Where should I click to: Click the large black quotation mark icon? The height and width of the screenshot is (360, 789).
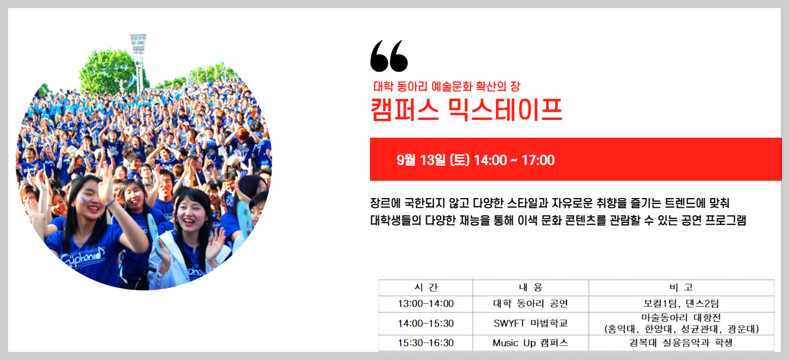pos(389,56)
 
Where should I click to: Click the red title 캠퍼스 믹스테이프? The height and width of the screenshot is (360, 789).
pos(466,110)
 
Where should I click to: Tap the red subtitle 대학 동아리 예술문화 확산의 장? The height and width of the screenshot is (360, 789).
pos(447,86)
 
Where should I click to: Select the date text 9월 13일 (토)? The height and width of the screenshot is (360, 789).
pos(433,160)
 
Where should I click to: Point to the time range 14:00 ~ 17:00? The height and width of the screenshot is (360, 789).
pos(514,160)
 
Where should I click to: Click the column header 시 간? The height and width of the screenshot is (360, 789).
pos(426,287)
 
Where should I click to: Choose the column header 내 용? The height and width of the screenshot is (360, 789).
pos(530,287)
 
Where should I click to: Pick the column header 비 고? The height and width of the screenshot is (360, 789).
pos(681,287)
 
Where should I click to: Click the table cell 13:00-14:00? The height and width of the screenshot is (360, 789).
pos(426,304)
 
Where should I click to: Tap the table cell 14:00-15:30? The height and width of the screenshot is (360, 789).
pos(426,323)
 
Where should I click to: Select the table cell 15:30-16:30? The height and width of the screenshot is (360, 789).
pos(426,343)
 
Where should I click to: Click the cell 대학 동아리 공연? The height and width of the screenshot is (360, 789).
pos(530,304)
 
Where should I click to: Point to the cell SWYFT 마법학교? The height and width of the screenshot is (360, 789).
pos(530,323)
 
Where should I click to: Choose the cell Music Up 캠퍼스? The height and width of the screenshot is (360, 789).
pos(530,343)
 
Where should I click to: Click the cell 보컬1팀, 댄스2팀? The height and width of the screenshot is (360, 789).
pos(681,304)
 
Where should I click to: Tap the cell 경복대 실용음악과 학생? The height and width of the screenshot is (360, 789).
pos(681,343)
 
